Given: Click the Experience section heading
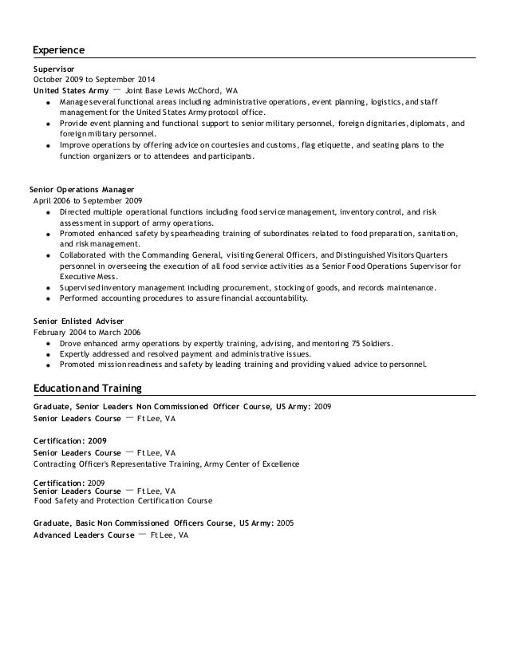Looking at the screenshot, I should pyautogui.click(x=58, y=50).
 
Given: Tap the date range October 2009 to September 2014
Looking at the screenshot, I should pyautogui.click(x=94, y=80).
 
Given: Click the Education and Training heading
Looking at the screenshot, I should pyautogui.click(x=87, y=389).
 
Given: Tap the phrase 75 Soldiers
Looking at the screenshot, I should pyautogui.click(x=371, y=343).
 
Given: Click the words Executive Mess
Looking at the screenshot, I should pyautogui.click(x=84, y=276).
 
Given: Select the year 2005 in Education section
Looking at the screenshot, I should pyautogui.click(x=286, y=523).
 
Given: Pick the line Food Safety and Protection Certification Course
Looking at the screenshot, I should pyautogui.click(x=124, y=502).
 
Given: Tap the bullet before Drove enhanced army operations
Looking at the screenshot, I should pyautogui.click(x=49, y=344).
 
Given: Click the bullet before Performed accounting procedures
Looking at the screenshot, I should pyautogui.click(x=49, y=299).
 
